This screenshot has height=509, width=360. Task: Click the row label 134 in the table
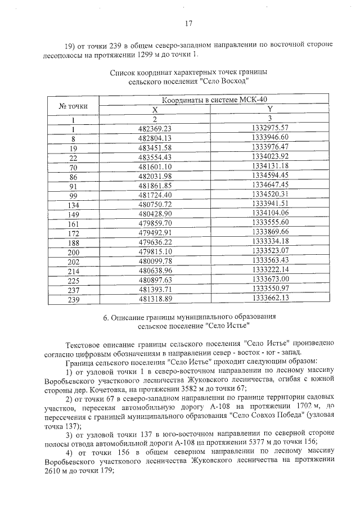click(x=74, y=204)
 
